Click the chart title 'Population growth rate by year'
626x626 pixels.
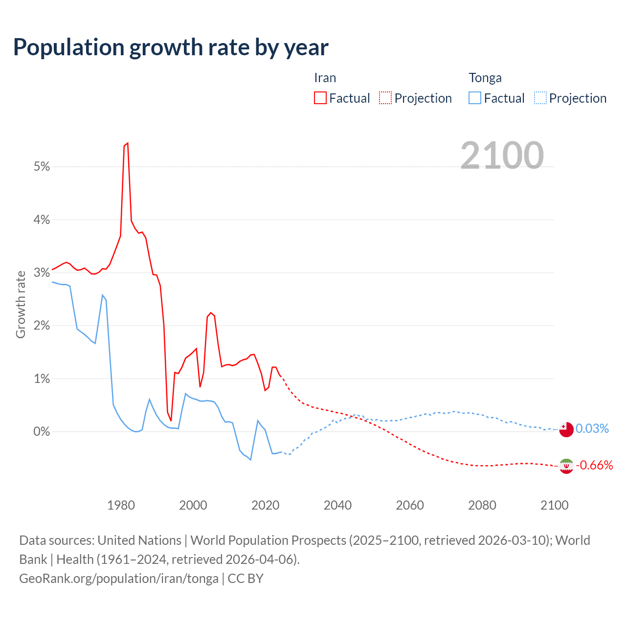tap(171, 47)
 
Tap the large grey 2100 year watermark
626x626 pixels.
tap(502, 156)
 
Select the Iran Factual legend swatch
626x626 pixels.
tap(320, 98)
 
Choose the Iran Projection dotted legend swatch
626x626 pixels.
tap(385, 98)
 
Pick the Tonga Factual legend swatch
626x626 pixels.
tap(475, 98)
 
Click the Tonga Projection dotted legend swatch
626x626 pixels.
tap(540, 98)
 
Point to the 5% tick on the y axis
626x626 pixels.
tap(42, 167)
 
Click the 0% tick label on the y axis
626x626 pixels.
tap(42, 431)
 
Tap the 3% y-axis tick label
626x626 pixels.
tap(42, 272)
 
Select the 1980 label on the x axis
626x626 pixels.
tap(121, 505)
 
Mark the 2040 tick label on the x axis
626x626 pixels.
tap(337, 505)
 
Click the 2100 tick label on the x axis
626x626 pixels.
tap(554, 505)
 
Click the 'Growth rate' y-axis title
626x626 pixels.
tap(21, 304)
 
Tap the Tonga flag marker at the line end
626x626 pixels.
tap(566, 429)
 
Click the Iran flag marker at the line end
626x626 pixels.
tap(566, 466)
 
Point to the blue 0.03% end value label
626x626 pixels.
tap(592, 429)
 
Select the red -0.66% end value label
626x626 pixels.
tap(594, 465)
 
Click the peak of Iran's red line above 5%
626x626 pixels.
tap(127, 143)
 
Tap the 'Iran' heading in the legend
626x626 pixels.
tap(325, 78)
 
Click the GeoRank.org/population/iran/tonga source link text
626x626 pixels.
tap(119, 579)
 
